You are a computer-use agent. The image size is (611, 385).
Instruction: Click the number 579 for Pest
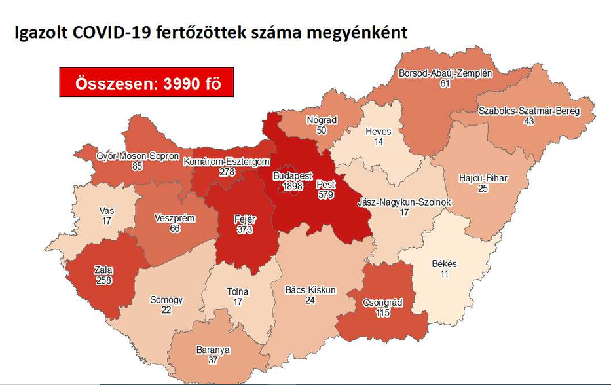pyautogui.click(x=325, y=194)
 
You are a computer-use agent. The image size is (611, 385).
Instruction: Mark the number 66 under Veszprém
pyautogui.click(x=175, y=228)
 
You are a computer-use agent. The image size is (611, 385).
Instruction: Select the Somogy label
pyautogui.click(x=166, y=300)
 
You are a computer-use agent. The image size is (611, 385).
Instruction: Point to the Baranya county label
pyautogui.click(x=213, y=350)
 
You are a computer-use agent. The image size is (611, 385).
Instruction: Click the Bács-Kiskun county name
pyautogui.click(x=310, y=290)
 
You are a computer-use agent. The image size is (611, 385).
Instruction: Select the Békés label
pyautogui.click(x=445, y=264)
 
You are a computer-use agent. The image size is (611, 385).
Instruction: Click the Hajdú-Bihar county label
pyautogui.click(x=483, y=178)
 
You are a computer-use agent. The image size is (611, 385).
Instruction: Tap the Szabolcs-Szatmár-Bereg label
pyautogui.click(x=529, y=111)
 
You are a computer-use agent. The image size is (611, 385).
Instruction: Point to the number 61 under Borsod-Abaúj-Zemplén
pyautogui.click(x=445, y=84)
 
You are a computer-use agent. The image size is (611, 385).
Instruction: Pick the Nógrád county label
pyautogui.click(x=321, y=120)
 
